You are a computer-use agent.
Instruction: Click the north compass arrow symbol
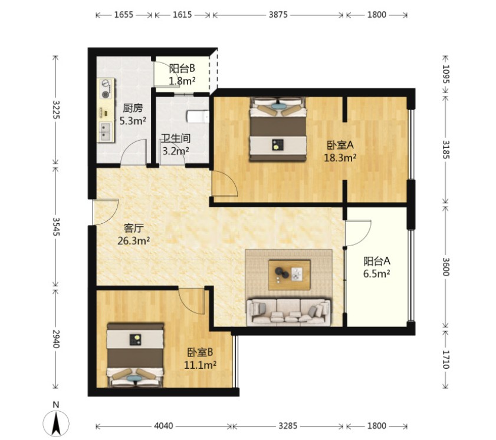[56, 424]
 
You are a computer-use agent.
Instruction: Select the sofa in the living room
[288, 312]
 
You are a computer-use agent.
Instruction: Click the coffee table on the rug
[289, 275]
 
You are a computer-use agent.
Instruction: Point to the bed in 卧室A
[278, 130]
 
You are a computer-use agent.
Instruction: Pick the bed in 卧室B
[136, 355]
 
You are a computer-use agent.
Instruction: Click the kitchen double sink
[106, 133]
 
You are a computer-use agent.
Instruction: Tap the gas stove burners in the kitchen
[106, 89]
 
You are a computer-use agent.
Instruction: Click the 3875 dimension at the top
[278, 15]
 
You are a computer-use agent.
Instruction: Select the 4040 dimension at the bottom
[163, 426]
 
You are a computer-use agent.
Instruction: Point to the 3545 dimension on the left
[56, 226]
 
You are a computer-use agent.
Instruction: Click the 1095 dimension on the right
[446, 74]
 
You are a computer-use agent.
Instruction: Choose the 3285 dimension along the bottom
[288, 426]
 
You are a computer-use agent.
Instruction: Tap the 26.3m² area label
[133, 241]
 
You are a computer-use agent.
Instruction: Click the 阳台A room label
[377, 261]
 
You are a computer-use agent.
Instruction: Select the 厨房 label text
[133, 108]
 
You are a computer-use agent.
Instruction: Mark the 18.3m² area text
[340, 158]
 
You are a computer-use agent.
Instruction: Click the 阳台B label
[182, 68]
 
